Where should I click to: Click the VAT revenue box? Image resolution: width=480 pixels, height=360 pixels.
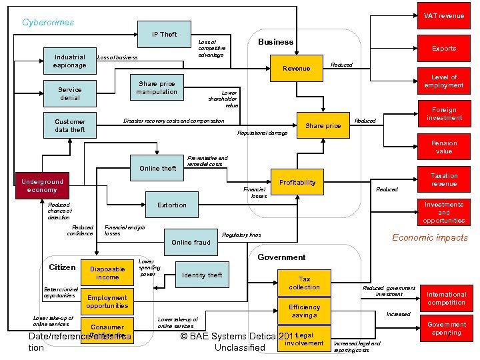pyautogui.click(x=444, y=15)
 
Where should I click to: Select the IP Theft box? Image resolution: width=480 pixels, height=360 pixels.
pyautogui.click(x=164, y=35)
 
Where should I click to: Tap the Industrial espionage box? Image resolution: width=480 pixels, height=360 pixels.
pyautogui.click(x=70, y=61)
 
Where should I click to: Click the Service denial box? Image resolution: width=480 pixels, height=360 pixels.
pyautogui.click(x=70, y=94)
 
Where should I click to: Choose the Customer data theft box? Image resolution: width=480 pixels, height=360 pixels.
pyautogui.click(x=70, y=126)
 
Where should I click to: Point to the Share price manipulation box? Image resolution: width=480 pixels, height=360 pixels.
pyautogui.click(x=157, y=88)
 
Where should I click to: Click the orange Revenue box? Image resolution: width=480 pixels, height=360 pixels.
pyautogui.click(x=297, y=68)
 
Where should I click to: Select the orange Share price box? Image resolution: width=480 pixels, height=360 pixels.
pyautogui.click(x=323, y=126)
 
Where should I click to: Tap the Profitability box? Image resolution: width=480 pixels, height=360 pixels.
pyautogui.click(x=297, y=183)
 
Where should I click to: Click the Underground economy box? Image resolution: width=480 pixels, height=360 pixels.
pyautogui.click(x=42, y=185)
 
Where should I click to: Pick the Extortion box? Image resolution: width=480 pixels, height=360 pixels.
pyautogui.click(x=171, y=205)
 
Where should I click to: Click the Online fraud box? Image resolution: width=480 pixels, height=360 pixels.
pyautogui.click(x=191, y=243)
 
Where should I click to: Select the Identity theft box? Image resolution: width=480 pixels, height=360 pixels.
pyautogui.click(x=202, y=275)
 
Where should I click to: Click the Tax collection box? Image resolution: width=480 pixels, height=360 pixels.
pyautogui.click(x=304, y=283)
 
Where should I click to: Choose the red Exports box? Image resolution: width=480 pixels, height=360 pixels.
pyautogui.click(x=444, y=49)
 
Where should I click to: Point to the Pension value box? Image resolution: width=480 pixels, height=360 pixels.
pyautogui.click(x=444, y=147)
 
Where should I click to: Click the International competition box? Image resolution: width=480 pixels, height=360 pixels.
pyautogui.click(x=446, y=299)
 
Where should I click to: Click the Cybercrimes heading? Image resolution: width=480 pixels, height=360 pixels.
pyautogui.click(x=48, y=22)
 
